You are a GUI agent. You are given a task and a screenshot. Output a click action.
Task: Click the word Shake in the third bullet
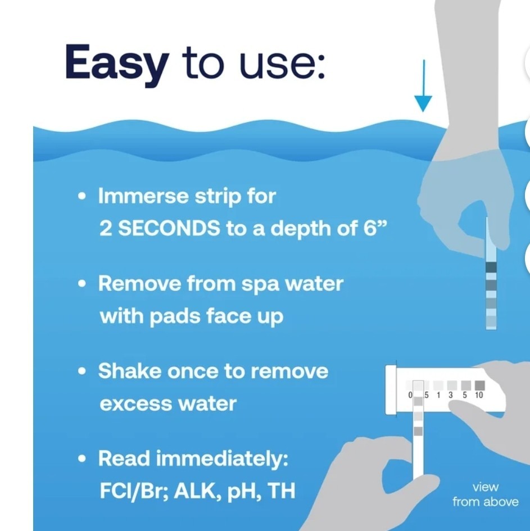pos(130,371)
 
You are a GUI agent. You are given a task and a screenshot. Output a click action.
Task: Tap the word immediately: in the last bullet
pos(222,459)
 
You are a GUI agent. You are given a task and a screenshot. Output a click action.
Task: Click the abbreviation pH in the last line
pos(242,492)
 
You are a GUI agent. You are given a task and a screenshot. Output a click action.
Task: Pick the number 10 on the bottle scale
pos(478,396)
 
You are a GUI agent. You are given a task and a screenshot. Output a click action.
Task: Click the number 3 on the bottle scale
pos(451,396)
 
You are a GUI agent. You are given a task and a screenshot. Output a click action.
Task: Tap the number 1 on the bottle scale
pos(438,396)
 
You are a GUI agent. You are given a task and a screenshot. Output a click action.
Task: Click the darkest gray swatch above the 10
pos(479,385)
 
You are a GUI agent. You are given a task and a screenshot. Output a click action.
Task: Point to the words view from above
pos(485,494)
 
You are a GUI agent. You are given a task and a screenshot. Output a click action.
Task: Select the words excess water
pos(167,404)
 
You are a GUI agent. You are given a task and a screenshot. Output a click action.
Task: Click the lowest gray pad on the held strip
pos(418,431)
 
